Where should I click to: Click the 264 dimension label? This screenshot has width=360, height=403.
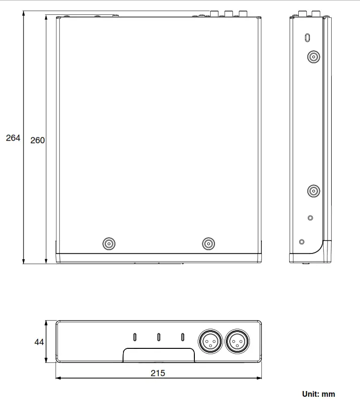pyautogui.click(x=13, y=138)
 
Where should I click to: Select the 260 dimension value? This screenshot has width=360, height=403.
pyautogui.click(x=37, y=140)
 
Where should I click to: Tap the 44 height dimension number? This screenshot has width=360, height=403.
pyautogui.click(x=39, y=342)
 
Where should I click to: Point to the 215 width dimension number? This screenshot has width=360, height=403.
pyautogui.click(x=157, y=373)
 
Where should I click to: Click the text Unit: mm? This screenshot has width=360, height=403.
pyautogui.click(x=318, y=394)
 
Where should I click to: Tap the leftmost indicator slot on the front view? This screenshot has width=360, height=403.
pyautogui.click(x=135, y=337)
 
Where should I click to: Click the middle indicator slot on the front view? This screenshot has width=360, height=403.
pyautogui.click(x=158, y=337)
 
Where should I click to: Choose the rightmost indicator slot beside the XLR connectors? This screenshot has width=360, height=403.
pyautogui.click(x=182, y=337)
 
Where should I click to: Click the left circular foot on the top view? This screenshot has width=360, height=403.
pyautogui.click(x=110, y=244)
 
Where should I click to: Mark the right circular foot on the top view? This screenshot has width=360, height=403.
pyautogui.click(x=208, y=244)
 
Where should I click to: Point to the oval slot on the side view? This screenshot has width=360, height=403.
pyautogui.click(x=307, y=37)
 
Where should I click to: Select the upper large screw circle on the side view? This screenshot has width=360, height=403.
pyautogui.click(x=313, y=58)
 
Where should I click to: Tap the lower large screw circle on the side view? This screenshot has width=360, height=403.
pyautogui.click(x=313, y=192)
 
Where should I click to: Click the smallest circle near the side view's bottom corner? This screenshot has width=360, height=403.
pyautogui.click(x=301, y=242)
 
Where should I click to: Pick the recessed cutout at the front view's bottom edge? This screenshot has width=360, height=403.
pyautogui.click(x=158, y=356)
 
